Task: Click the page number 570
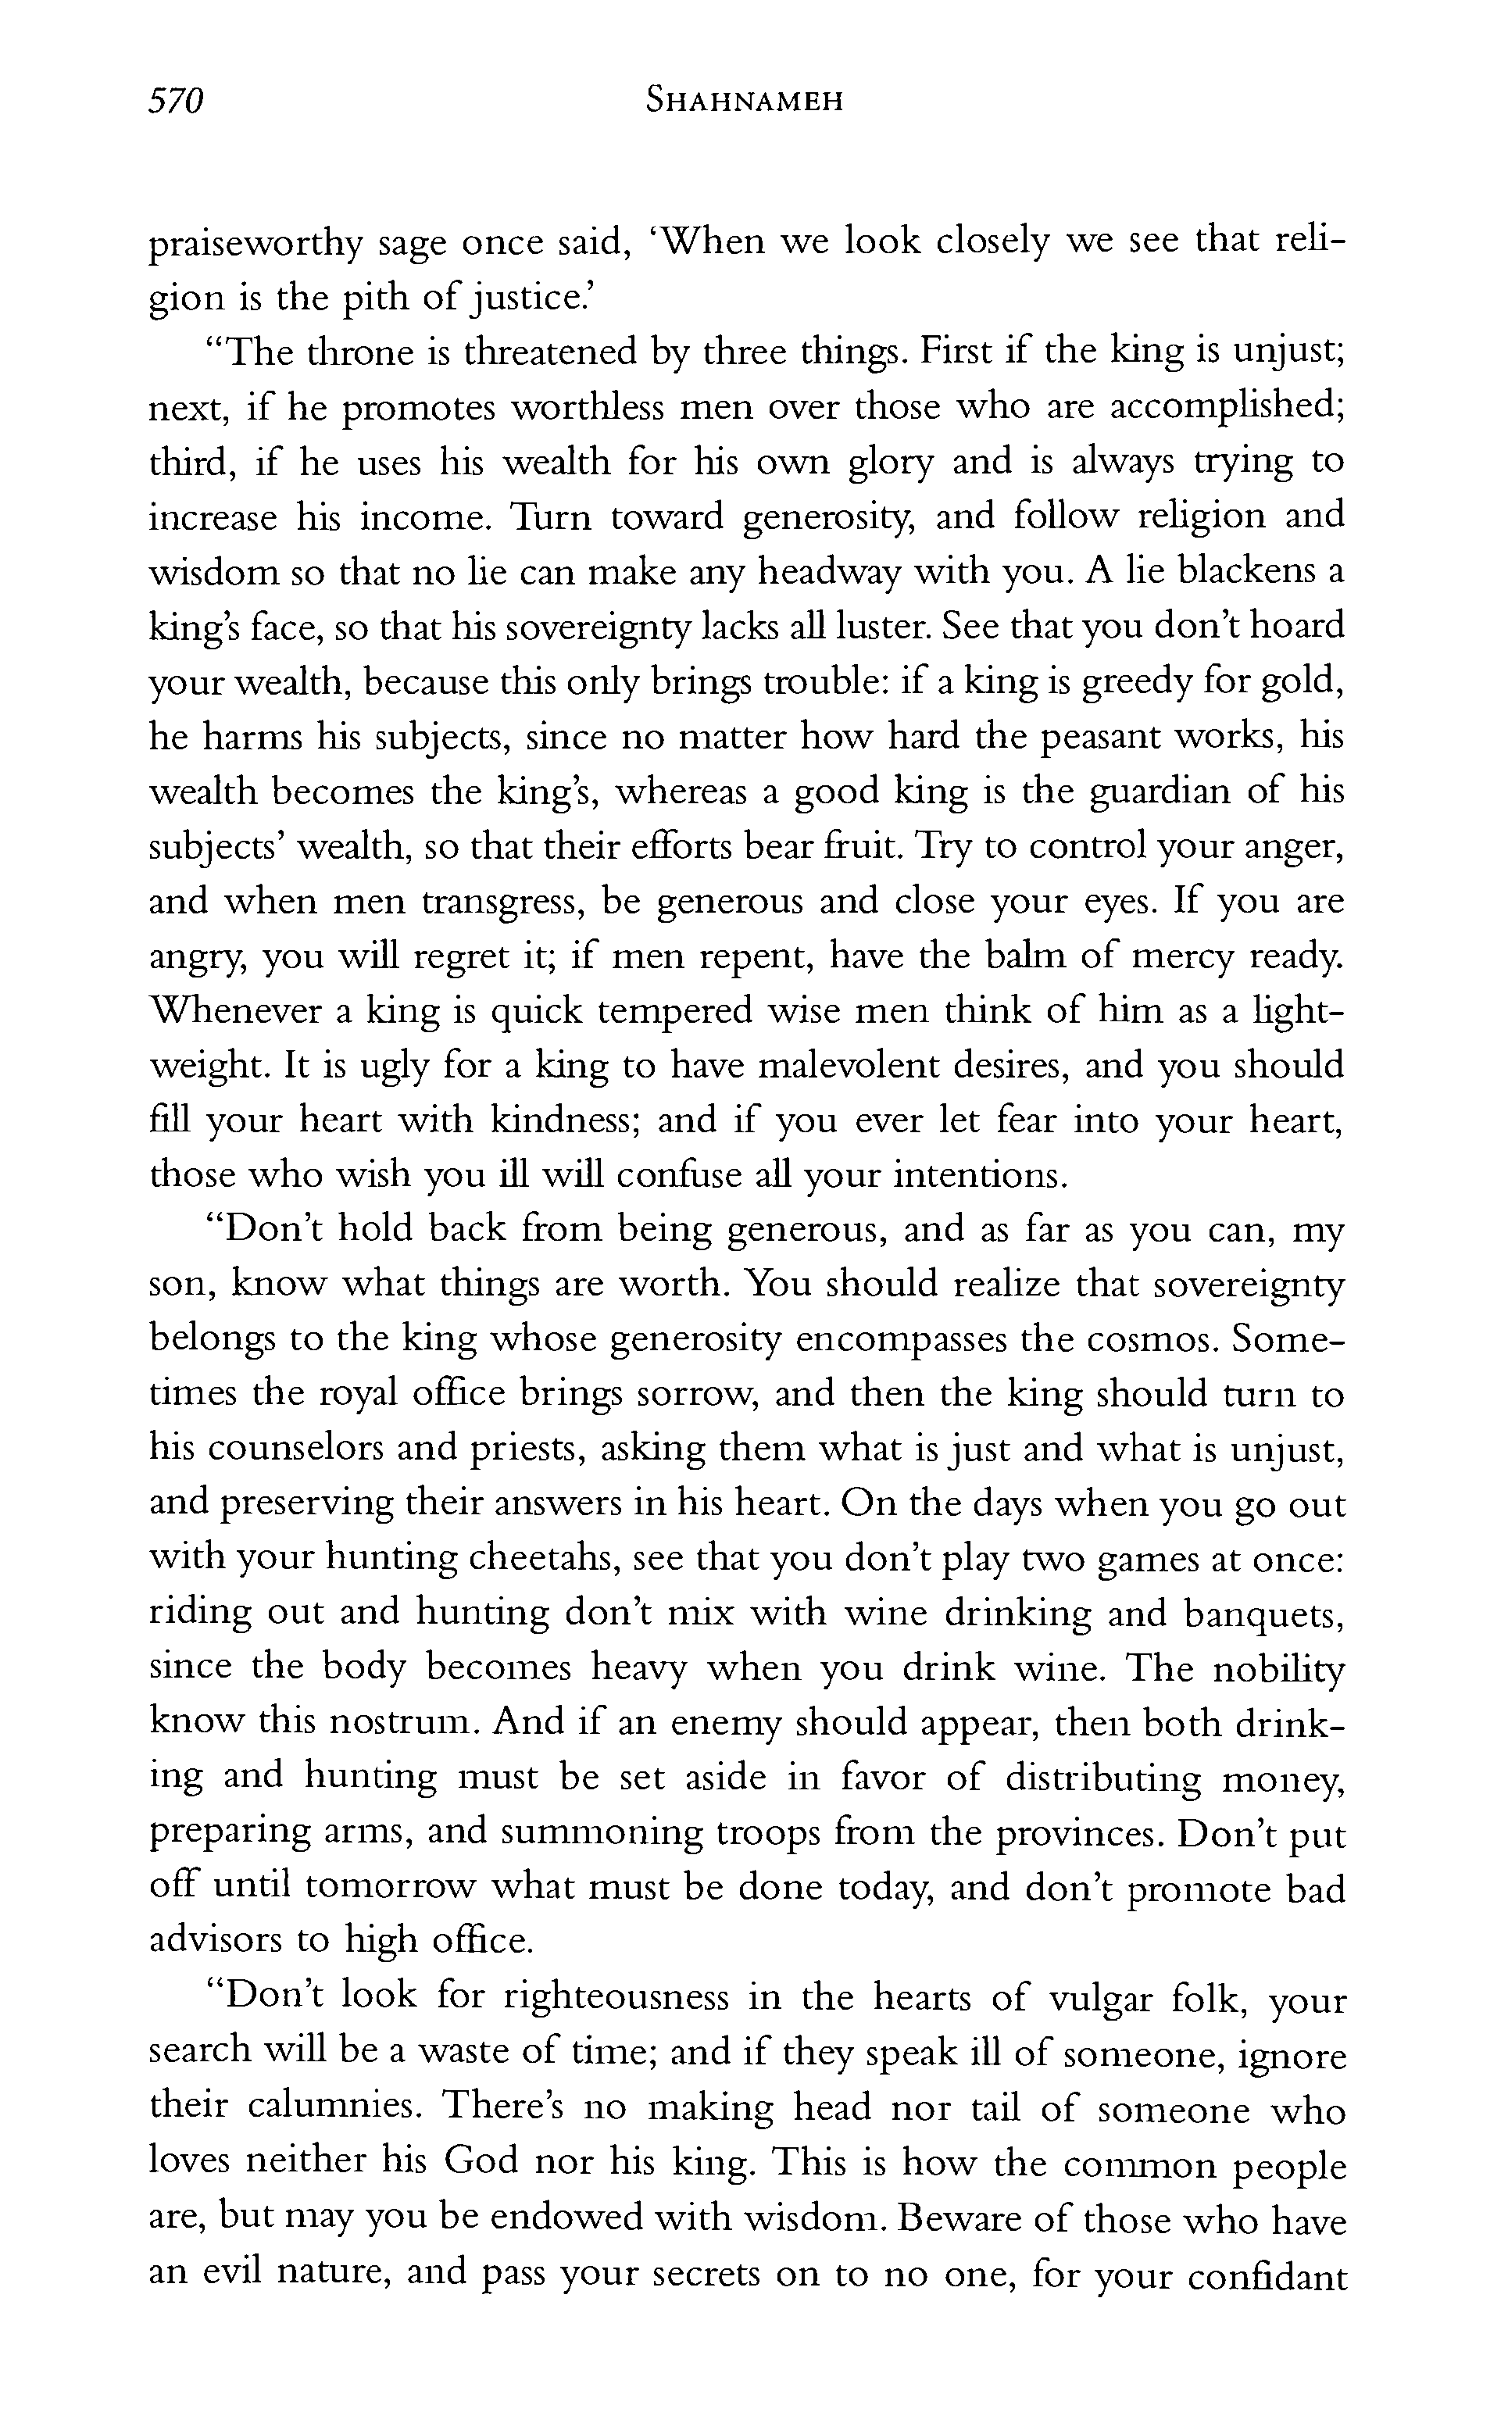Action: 176,101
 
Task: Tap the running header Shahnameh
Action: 744,101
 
